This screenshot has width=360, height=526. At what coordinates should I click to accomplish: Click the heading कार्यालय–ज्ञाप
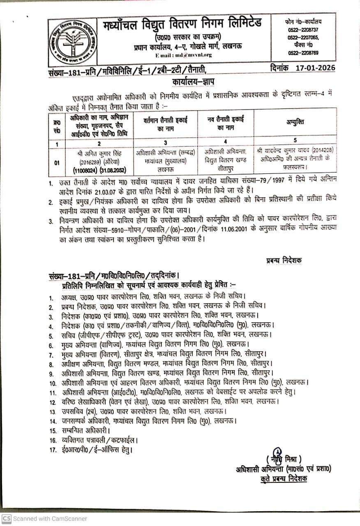(x=190, y=82)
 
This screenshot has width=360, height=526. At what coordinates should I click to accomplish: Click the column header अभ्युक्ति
(x=295, y=122)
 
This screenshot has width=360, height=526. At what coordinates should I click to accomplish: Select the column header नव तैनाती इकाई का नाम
(x=225, y=122)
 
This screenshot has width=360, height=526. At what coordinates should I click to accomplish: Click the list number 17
(x=52, y=450)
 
